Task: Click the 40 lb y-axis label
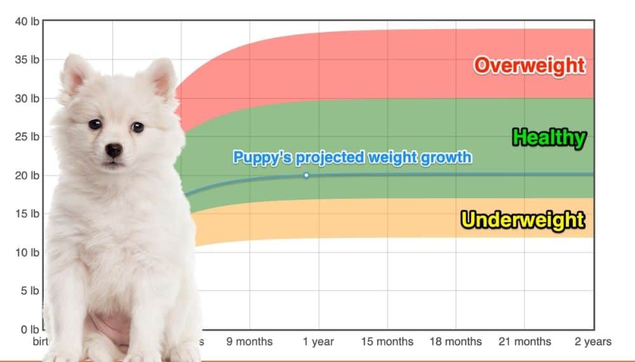[27, 21]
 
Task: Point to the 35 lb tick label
[27, 60]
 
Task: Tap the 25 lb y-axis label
[27, 137]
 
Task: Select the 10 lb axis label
[27, 252]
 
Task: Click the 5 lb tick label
[29, 291]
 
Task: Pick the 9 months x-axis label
[250, 342]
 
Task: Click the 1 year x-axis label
[318, 342]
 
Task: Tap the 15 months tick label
[387, 342]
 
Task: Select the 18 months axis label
[455, 342]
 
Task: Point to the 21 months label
[524, 342]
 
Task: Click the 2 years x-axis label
[593, 342]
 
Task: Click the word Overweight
[529, 65]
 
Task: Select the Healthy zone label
[549, 137]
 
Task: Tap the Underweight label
[523, 220]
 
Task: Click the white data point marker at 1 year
[306, 175]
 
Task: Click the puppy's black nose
[114, 151]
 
